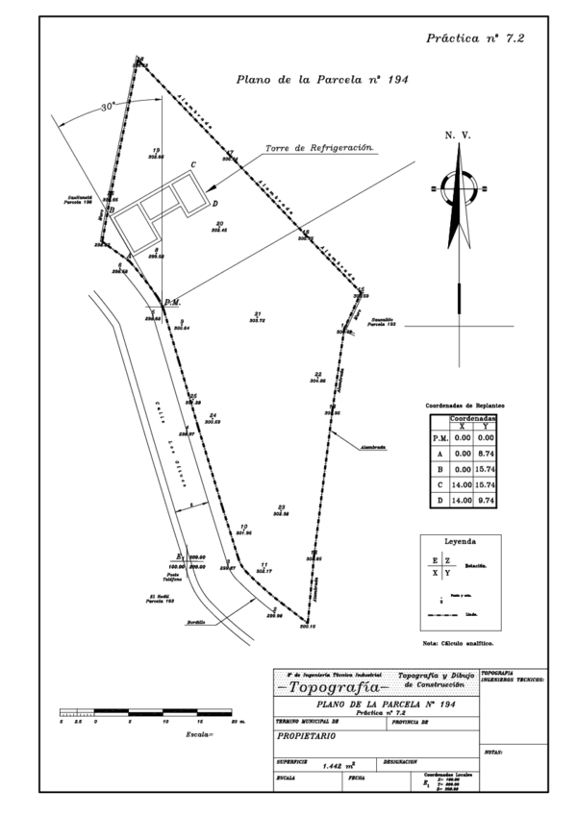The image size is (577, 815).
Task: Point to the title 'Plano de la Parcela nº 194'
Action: click(322, 81)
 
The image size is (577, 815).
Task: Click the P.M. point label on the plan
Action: click(173, 303)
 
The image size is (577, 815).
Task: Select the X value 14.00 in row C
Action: click(462, 485)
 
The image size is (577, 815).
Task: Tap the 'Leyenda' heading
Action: click(459, 542)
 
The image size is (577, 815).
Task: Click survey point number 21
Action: click(259, 314)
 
